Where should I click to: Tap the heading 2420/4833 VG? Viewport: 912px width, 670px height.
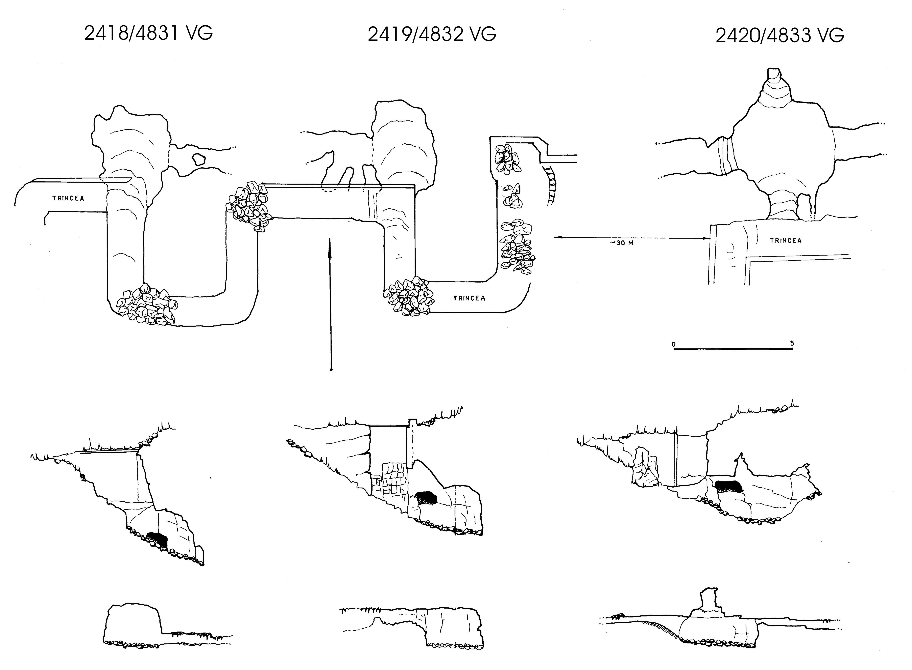tap(780, 36)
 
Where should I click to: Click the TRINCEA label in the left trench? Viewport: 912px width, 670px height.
tap(68, 198)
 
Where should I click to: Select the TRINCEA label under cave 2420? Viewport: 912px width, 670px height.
tap(786, 240)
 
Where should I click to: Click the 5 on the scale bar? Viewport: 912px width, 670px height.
tap(792, 343)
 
